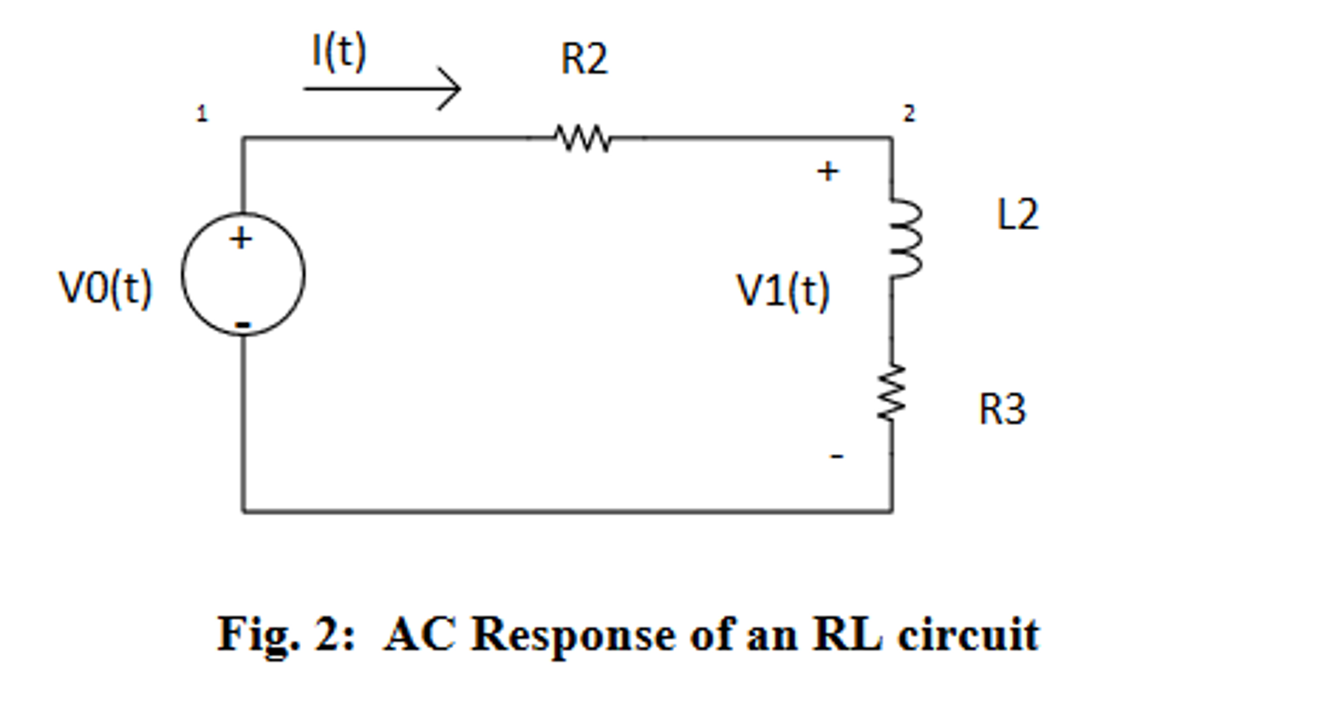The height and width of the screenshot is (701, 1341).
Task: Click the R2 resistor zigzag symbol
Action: tap(583, 138)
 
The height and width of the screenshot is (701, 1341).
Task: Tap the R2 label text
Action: tap(584, 60)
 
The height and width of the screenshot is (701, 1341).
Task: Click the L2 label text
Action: tap(1017, 215)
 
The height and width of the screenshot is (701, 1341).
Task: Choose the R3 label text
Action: tap(1001, 410)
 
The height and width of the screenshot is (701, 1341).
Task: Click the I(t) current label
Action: tap(339, 52)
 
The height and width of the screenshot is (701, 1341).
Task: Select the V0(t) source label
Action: tap(106, 288)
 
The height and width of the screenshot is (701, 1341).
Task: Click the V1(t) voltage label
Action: tap(783, 291)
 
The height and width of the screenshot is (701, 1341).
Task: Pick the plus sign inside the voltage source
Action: tap(241, 238)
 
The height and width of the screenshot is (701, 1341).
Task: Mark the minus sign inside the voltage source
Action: tap(243, 324)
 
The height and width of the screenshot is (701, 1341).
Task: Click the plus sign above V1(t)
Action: tap(827, 172)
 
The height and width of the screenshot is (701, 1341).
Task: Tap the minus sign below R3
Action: tap(836, 457)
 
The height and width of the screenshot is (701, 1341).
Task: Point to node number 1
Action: tap(202, 114)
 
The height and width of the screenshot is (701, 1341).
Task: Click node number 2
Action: tap(908, 114)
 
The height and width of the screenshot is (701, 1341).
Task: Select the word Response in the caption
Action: tap(573, 635)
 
